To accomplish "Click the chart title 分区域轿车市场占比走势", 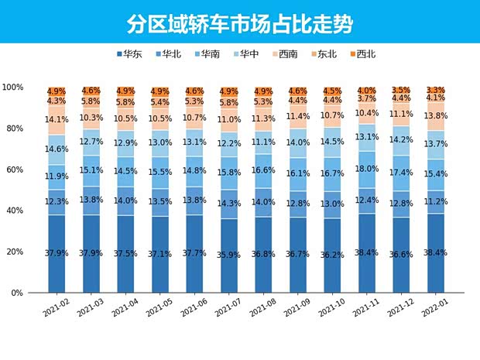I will pyautogui.click(x=240, y=23).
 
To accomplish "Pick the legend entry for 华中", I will pyautogui.click(x=248, y=54).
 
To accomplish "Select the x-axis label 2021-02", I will pyautogui.click(x=57, y=307).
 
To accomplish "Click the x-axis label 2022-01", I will pyautogui.click(x=436, y=307).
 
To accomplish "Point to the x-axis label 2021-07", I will pyautogui.click(x=229, y=307).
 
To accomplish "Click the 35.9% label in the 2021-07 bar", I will pyautogui.click(x=229, y=252).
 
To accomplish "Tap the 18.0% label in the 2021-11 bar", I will pyautogui.click(x=367, y=169).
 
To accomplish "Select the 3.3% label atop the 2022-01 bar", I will pyautogui.click(x=436, y=91).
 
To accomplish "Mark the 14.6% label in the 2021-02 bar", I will pyautogui.click(x=57, y=149).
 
